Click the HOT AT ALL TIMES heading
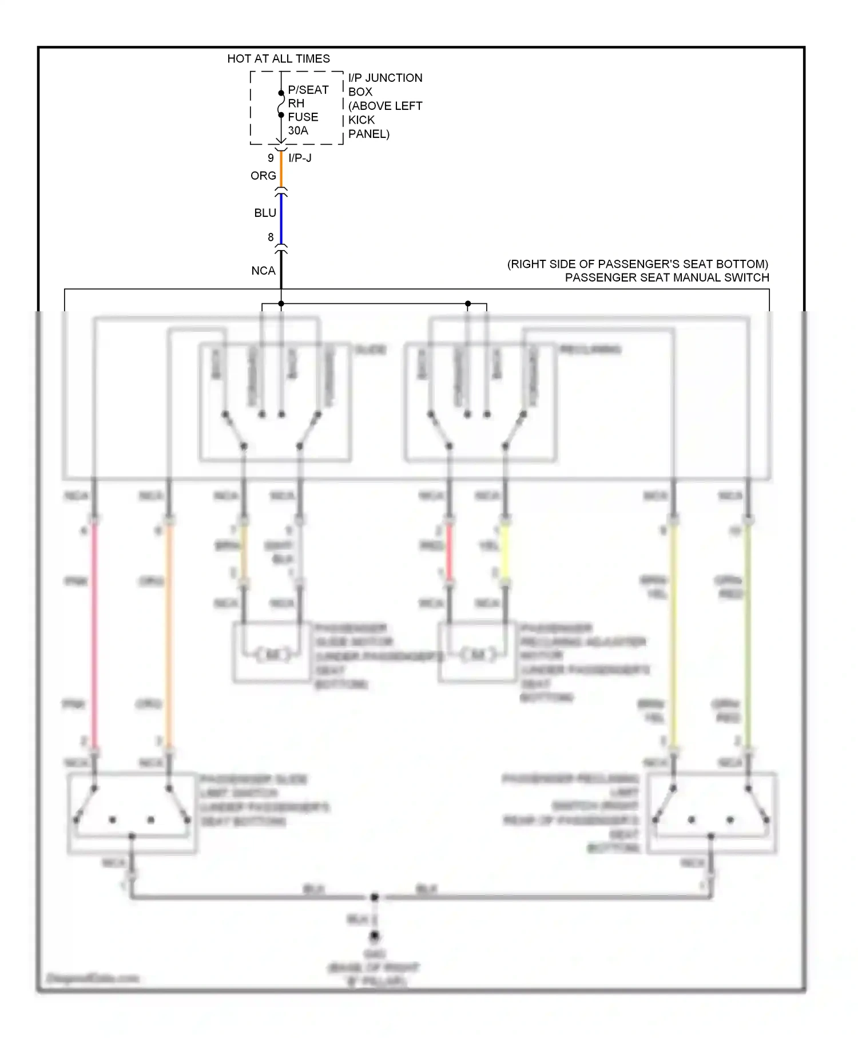279,58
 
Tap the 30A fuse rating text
298,130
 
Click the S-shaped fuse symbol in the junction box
281,104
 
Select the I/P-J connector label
300,158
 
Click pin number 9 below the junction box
271,158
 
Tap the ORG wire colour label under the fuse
263,176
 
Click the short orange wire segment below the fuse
281,169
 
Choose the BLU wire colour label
265,213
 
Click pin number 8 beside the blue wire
271,237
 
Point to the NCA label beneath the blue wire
263,271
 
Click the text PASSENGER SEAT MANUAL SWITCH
667,278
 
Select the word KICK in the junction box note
362,120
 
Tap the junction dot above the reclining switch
468,303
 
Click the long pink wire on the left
94,635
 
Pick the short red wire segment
449,552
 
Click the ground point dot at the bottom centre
374,936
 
